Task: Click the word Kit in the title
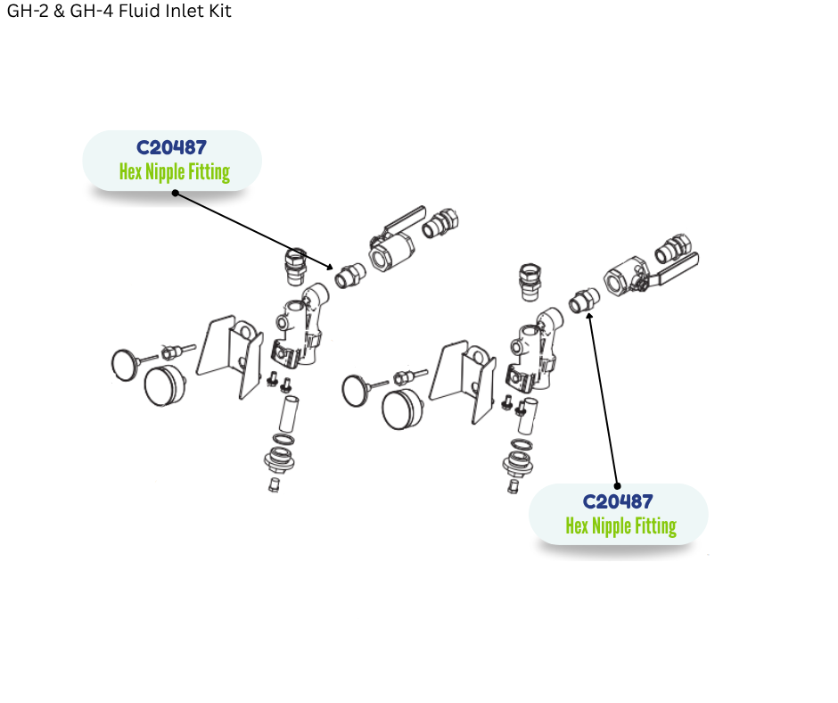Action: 218,12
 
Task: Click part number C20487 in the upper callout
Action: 171,148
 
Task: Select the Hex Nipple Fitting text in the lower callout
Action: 620,526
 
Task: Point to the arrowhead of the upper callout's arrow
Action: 332,267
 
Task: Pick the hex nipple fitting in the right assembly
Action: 584,301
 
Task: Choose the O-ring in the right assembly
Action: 519,444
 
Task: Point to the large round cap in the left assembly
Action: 164,385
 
